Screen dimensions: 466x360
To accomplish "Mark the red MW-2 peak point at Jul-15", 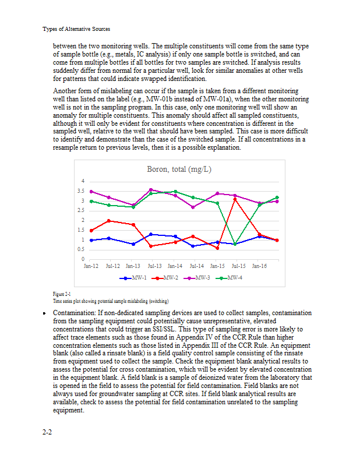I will click(235, 199).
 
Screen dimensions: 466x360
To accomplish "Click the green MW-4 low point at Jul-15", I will click(235, 244).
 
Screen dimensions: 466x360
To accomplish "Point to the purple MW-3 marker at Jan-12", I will click(91, 191).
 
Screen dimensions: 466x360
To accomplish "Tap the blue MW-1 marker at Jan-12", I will click(91, 240).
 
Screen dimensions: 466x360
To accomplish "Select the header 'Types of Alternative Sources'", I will click(76, 29).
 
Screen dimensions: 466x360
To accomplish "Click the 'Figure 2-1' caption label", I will click(62, 294).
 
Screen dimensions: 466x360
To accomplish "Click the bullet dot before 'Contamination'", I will click(45, 313).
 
